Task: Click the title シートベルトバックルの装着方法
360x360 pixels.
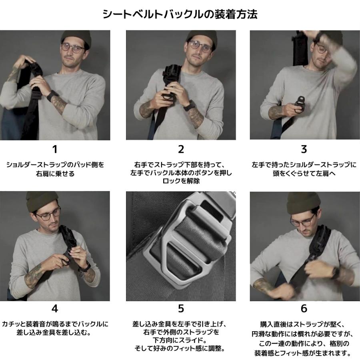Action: tap(180, 14)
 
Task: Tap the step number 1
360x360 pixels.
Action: tap(55, 150)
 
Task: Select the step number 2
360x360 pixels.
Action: tap(181, 150)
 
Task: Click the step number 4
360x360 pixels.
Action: tap(55, 309)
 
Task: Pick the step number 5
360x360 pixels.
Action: tap(181, 309)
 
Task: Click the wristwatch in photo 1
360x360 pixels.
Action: tap(52, 96)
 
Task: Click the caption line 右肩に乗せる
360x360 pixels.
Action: tap(55, 174)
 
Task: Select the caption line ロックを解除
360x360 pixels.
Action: tap(181, 181)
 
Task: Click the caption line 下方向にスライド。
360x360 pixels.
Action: tap(181, 340)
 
